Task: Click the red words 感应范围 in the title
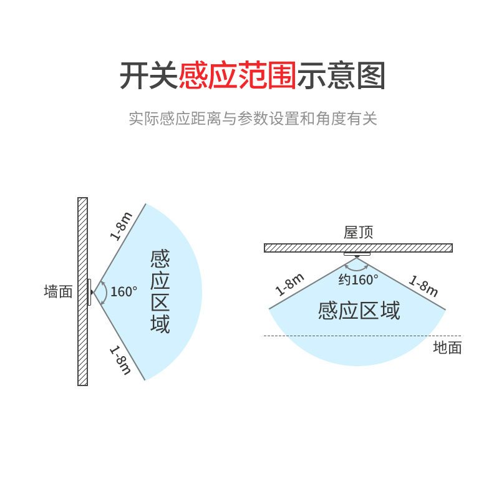tap(237, 76)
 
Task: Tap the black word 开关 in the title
tap(148, 76)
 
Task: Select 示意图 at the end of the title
tap(341, 76)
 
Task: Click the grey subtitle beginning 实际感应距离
tap(253, 119)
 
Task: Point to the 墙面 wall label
tap(59, 291)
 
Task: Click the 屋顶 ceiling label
tap(359, 233)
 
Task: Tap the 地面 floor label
tap(447, 347)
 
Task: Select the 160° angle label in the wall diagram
tap(124, 291)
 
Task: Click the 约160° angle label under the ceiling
tap(359, 279)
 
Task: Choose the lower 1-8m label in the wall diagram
tap(120, 361)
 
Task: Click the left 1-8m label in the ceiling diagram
tap(290, 284)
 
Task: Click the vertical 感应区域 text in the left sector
tap(160, 291)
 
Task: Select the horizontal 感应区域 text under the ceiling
tap(359, 310)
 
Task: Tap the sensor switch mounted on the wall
tap(90, 292)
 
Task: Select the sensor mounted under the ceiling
tap(357, 254)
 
